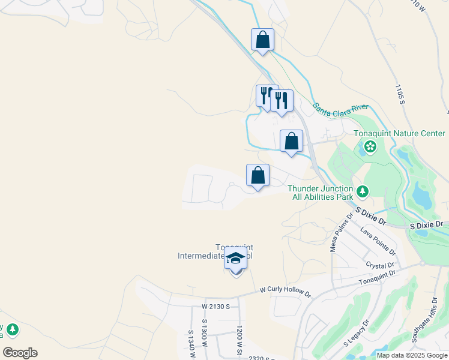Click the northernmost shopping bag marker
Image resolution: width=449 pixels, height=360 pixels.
[x=262, y=40]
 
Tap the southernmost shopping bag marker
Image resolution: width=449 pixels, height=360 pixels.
[x=258, y=176]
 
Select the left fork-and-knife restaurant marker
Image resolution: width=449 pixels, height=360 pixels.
[x=267, y=96]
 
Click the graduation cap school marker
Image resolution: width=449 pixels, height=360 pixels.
[x=235, y=260]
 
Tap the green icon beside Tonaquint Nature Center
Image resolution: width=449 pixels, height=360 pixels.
[x=370, y=146]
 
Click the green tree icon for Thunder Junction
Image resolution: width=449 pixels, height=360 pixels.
[x=362, y=191]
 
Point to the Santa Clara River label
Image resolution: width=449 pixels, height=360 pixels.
[x=340, y=107]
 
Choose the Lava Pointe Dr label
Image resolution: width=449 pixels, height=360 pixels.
[x=378, y=239]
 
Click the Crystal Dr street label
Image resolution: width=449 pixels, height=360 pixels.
[x=379, y=265]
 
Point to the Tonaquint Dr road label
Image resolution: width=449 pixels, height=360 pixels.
[x=378, y=277]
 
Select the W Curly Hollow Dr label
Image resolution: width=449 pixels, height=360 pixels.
[x=286, y=292]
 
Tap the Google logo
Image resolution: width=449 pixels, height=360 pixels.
[x=20, y=353]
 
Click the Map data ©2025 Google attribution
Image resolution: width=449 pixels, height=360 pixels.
[x=411, y=355]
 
